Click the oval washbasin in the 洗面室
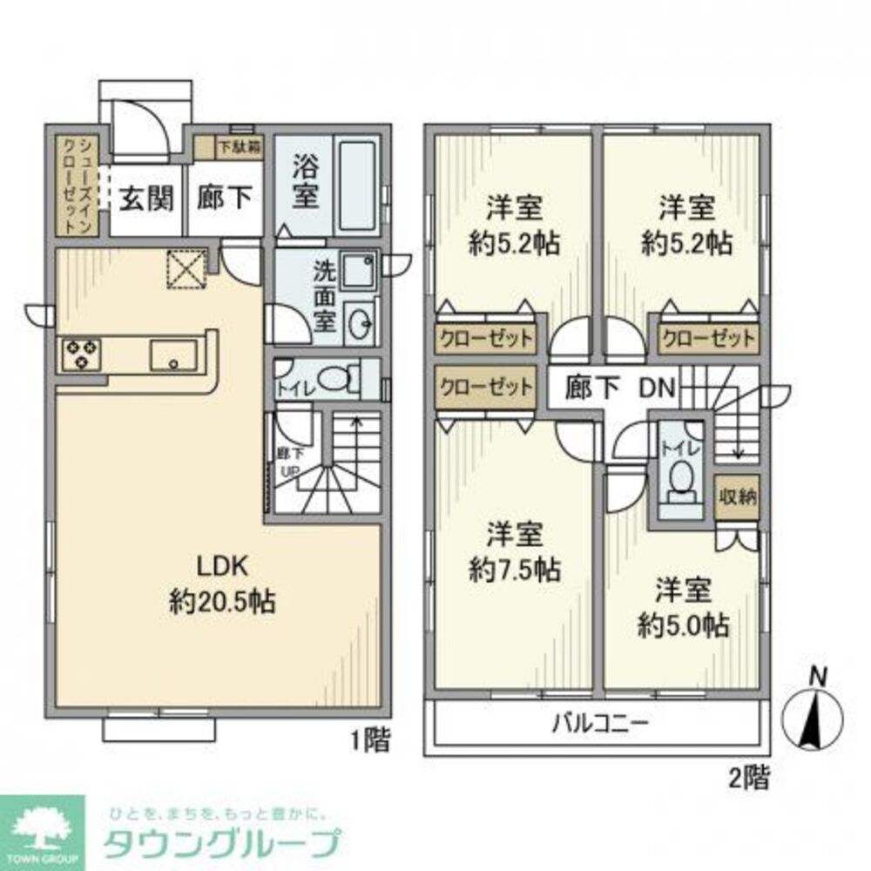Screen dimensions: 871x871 (359, 324)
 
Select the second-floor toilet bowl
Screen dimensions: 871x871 (679, 476)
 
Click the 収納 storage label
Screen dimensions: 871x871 (737, 497)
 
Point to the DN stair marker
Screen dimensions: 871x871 (658, 389)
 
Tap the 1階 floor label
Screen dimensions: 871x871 (369, 741)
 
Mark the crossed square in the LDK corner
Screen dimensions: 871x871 (187, 268)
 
